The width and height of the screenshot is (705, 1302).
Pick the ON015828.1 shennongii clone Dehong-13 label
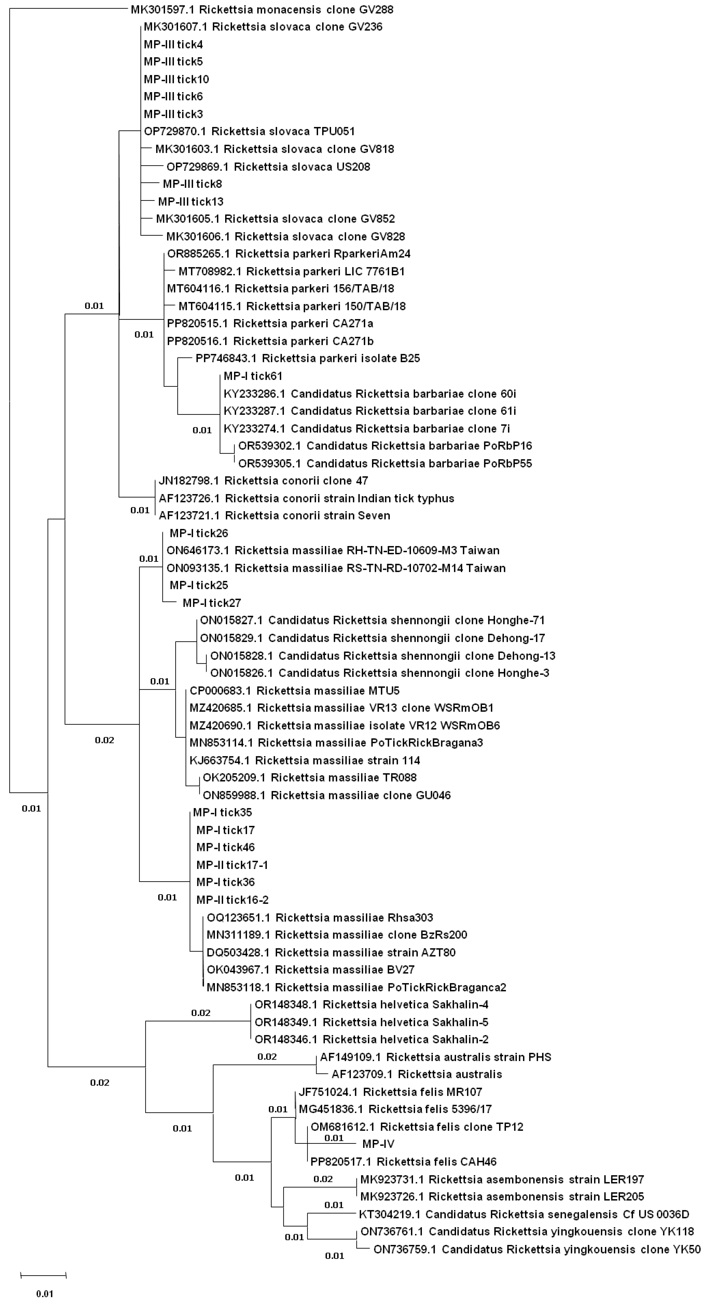(382, 655)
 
